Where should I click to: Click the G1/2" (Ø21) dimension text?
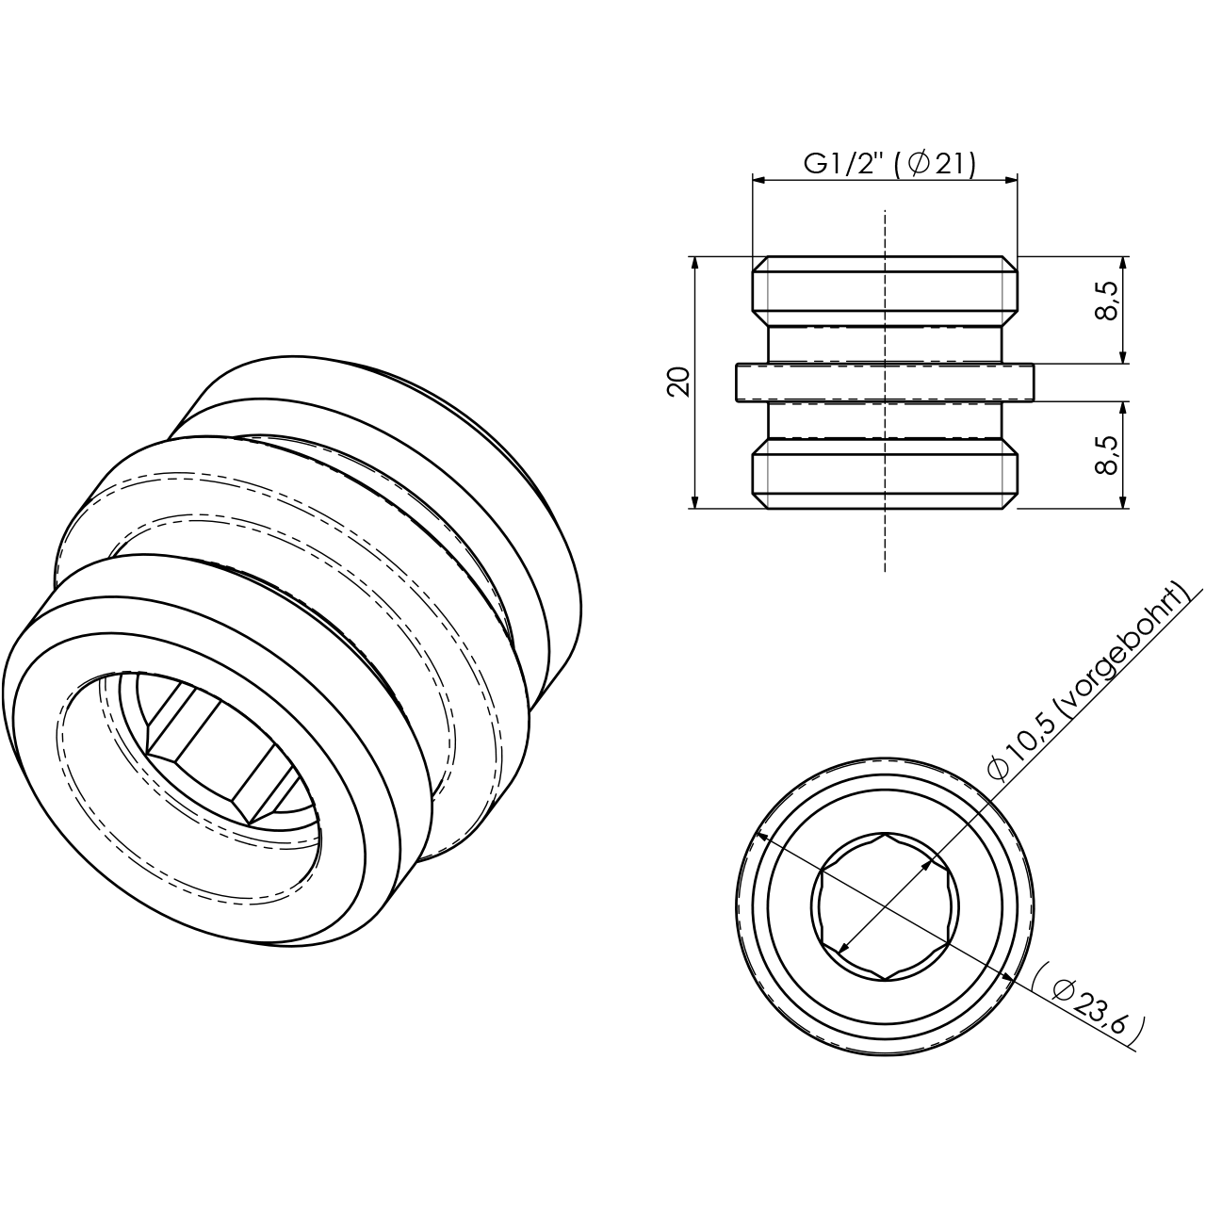[888, 163]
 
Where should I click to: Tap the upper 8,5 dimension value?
[1107, 301]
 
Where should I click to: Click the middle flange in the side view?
[884, 383]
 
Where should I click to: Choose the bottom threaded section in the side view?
[884, 476]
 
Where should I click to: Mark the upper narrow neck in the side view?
[884, 345]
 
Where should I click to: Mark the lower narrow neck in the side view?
[884, 420]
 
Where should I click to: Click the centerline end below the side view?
[884, 568]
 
